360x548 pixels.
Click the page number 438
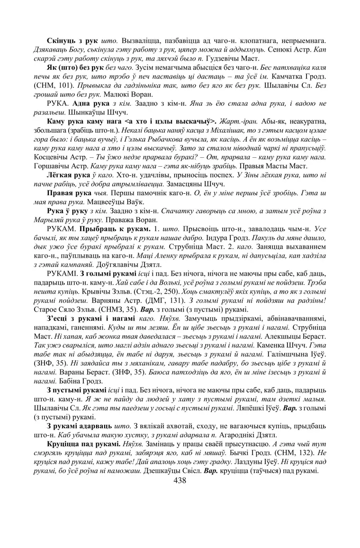pyautogui.click(x=180, y=480)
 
